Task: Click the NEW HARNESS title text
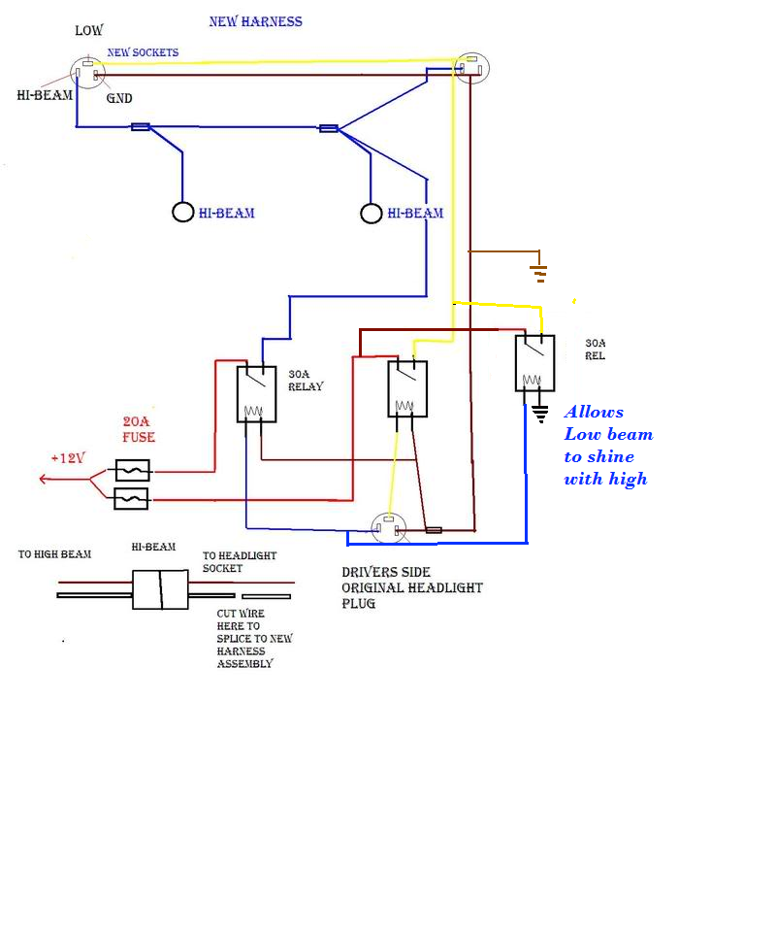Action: pyautogui.click(x=255, y=21)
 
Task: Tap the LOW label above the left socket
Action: pyautogui.click(x=89, y=31)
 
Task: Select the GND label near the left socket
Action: pyautogui.click(x=119, y=98)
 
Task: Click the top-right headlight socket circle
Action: pyautogui.click(x=472, y=68)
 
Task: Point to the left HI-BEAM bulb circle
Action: pyautogui.click(x=183, y=212)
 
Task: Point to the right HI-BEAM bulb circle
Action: pyautogui.click(x=371, y=213)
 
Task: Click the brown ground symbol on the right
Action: pyautogui.click(x=538, y=271)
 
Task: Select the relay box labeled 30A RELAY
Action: pyautogui.click(x=256, y=393)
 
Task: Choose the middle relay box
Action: pyautogui.click(x=406, y=387)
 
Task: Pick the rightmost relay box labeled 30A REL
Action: pyautogui.click(x=534, y=363)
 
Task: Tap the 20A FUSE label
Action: pyautogui.click(x=138, y=430)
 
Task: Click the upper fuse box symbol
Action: pyautogui.click(x=131, y=471)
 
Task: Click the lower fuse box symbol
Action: pyautogui.click(x=131, y=499)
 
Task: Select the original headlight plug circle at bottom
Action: pyautogui.click(x=389, y=528)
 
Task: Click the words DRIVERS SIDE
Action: pyautogui.click(x=386, y=572)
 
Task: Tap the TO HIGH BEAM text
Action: pyautogui.click(x=54, y=554)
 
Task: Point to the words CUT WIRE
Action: pyautogui.click(x=241, y=614)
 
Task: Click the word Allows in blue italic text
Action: pyautogui.click(x=594, y=412)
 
